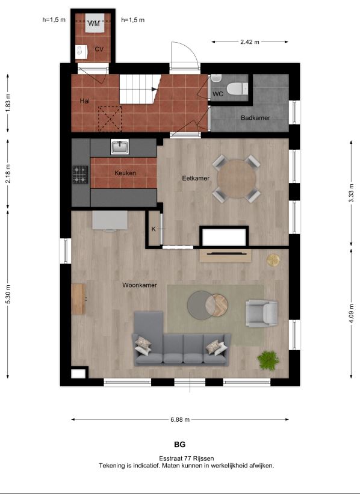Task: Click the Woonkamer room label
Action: [139, 285]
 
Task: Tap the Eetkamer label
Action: [196, 178]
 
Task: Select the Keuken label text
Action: [125, 173]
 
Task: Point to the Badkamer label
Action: [255, 118]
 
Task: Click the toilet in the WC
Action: [237, 88]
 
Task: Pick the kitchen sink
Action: [119, 147]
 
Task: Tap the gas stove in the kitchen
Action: [81, 174]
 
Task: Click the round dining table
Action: [237, 179]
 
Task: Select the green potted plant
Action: [268, 360]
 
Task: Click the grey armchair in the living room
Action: [262, 313]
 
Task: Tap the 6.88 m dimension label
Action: [179, 419]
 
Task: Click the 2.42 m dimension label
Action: [250, 42]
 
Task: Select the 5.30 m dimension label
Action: [8, 294]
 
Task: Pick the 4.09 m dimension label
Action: [352, 313]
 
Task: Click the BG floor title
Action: [179, 445]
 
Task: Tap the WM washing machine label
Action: [94, 23]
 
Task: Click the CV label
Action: [99, 49]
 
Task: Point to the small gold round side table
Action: [273, 260]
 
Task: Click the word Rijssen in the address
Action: [204, 458]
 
